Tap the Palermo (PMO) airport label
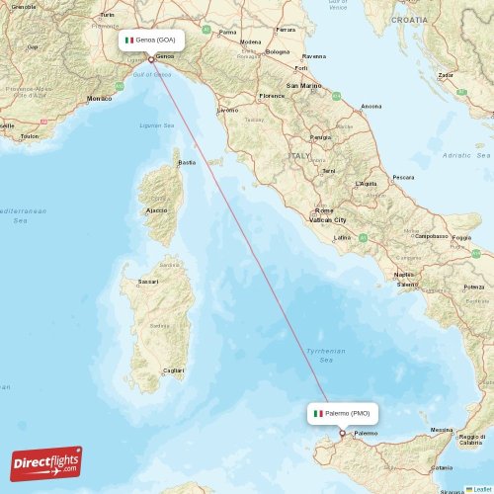tap(342, 413)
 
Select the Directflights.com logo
tap(46, 462)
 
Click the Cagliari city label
tap(173, 370)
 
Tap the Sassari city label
tap(149, 282)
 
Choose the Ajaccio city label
tap(156, 210)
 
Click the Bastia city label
tap(186, 162)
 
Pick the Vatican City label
tap(327, 220)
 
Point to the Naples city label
tap(403, 274)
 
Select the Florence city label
tap(271, 96)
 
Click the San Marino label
tap(303, 86)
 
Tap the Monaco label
tap(100, 99)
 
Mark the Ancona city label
tap(371, 106)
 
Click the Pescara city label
tap(403, 177)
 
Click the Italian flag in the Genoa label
tap(128, 41)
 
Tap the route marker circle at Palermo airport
tap(343, 433)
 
